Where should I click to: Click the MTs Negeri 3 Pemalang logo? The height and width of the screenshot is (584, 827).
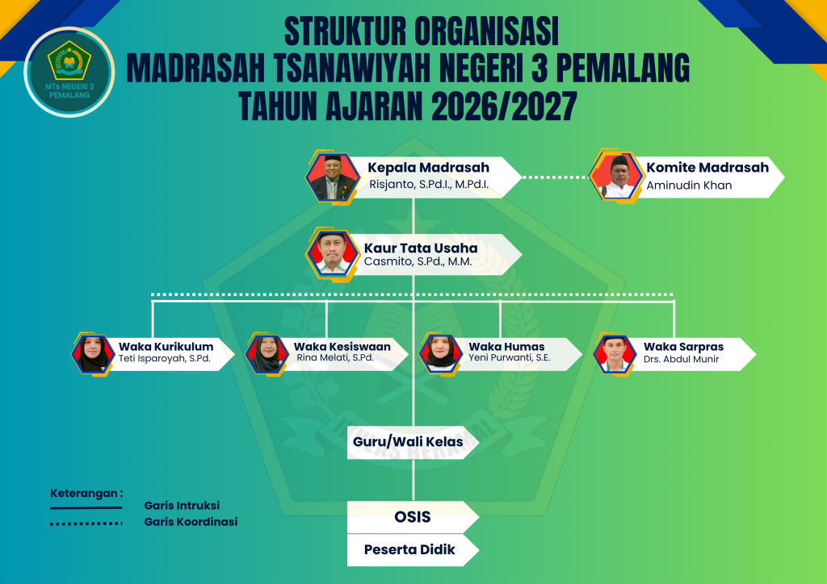[69, 72]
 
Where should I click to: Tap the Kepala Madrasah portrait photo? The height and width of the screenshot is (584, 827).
[332, 177]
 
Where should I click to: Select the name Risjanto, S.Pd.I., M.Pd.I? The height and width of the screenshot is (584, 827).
[429, 184]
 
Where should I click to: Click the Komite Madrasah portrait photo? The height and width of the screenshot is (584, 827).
[616, 177]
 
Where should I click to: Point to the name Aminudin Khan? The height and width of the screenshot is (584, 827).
[689, 186]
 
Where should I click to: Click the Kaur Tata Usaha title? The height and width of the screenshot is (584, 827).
[421, 248]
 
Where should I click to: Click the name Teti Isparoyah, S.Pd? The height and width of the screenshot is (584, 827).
[165, 359]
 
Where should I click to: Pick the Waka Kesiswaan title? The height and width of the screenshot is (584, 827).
[342, 347]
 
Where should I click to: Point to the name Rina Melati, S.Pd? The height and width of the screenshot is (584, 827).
[335, 357]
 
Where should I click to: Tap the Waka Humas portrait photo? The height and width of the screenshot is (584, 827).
[441, 354]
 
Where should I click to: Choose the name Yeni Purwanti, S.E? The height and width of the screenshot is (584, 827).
[510, 357]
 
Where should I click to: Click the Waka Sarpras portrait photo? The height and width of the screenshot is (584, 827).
[615, 354]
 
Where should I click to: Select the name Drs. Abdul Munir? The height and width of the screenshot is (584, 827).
[681, 359]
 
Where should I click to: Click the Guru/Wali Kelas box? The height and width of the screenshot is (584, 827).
[413, 442]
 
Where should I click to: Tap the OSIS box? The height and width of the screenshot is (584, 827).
[413, 517]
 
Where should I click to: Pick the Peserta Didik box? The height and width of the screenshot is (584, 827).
[413, 550]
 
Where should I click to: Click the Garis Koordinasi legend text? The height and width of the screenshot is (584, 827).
[191, 522]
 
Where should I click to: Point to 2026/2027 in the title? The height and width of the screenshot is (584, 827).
[504, 106]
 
